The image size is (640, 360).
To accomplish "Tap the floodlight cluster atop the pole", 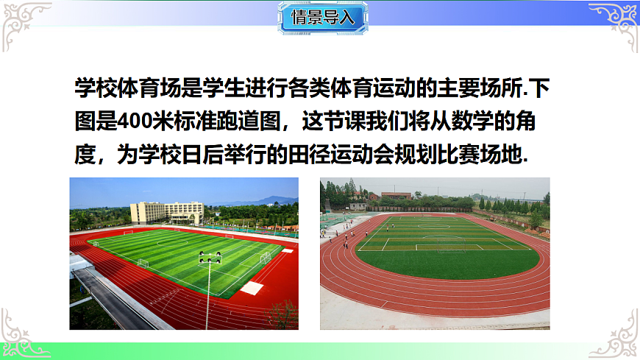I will click(210, 258).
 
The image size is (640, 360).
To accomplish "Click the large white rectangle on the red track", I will click(252, 288).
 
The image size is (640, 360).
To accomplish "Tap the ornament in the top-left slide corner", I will click(22, 22).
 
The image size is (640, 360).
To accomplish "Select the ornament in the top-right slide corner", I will click(616, 22).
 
